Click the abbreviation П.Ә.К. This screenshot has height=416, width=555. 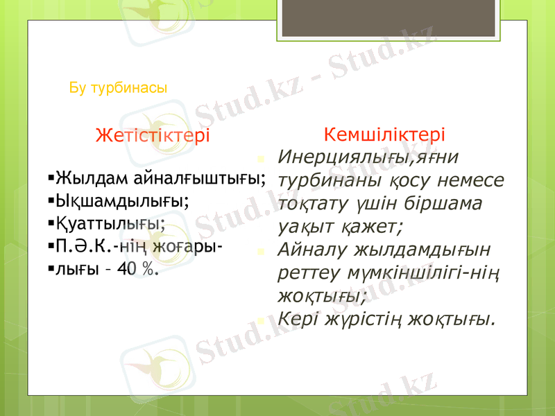(x=83, y=246)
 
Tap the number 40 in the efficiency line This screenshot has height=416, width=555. (x=127, y=269)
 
